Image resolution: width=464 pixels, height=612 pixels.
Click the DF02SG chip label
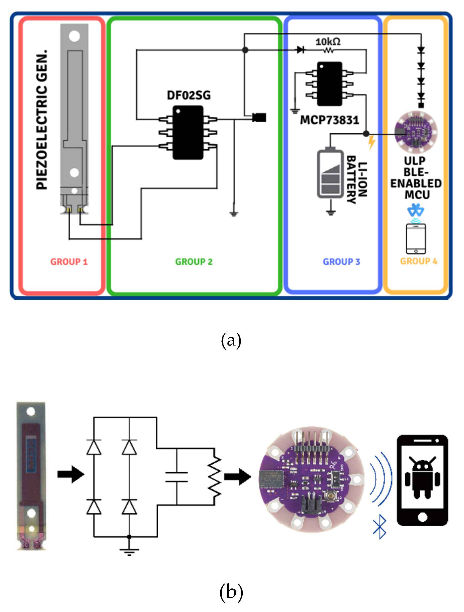(189, 95)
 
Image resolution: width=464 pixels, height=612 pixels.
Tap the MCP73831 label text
(329, 120)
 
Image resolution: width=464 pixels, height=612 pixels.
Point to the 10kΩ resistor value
(328, 42)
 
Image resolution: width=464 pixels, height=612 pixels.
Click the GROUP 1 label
(69, 262)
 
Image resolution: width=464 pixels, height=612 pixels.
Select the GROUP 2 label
(194, 262)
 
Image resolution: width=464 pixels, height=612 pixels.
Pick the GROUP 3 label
(341, 262)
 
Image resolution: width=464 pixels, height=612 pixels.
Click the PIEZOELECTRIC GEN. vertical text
(42, 120)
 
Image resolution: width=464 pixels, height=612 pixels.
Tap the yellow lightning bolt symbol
(372, 142)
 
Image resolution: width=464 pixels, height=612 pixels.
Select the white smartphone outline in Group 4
(415, 239)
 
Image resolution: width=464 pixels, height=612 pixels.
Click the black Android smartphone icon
(422, 480)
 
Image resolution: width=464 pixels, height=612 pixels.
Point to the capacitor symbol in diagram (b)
(176, 477)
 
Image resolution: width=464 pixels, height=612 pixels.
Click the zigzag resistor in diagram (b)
(215, 477)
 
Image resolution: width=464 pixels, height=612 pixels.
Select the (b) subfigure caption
(231, 592)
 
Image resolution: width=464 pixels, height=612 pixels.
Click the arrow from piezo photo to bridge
(71, 475)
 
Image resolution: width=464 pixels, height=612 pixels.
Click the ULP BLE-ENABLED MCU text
(415, 178)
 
